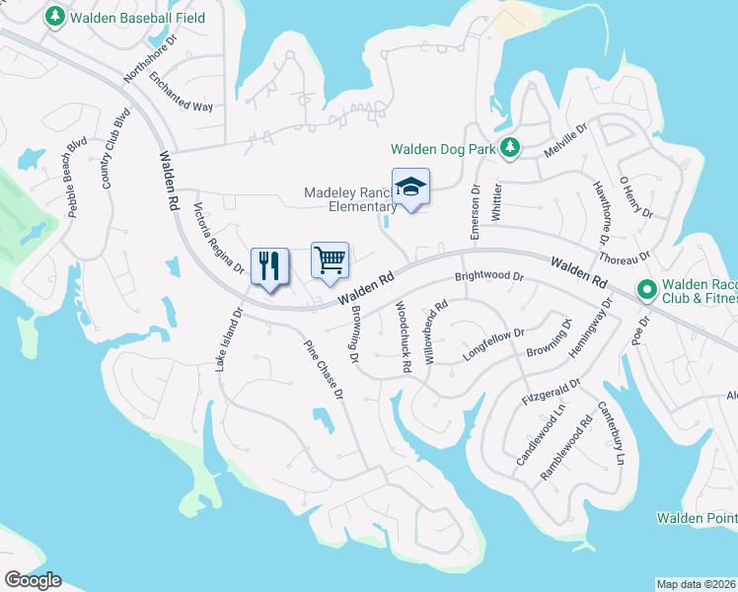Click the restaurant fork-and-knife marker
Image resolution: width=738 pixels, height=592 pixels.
point(269,265)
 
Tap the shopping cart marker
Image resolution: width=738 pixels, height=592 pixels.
point(331,260)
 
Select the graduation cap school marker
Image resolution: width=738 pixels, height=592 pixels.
point(410,185)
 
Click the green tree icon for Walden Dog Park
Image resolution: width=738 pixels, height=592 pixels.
point(509,148)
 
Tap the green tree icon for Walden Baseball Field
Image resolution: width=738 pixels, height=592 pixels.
point(54,17)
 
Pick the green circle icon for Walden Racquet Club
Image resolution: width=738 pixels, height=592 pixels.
point(647,290)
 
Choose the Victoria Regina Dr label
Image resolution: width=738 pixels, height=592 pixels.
point(218,239)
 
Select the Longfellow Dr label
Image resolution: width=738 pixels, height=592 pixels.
point(492,341)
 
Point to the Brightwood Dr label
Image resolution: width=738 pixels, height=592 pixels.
point(488,277)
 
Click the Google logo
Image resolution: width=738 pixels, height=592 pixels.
point(33,579)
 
